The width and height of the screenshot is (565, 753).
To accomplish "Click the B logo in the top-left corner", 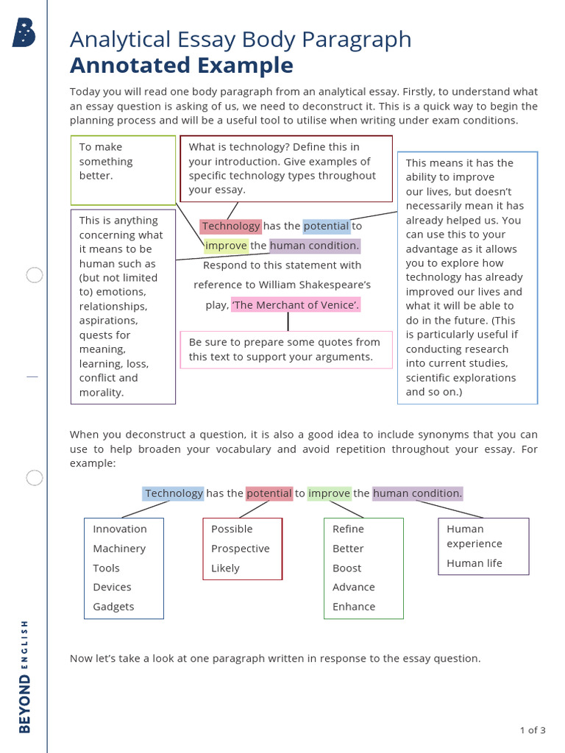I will pyautogui.click(x=24, y=33).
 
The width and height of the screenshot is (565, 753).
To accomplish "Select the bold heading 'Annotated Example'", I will pyautogui.click(x=181, y=65).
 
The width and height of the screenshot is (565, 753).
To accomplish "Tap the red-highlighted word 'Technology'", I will pyautogui.click(x=231, y=226).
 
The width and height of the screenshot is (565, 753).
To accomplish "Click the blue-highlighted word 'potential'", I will pyautogui.click(x=326, y=226).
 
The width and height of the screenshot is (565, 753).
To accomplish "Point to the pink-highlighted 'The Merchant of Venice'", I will pyautogui.click(x=296, y=304).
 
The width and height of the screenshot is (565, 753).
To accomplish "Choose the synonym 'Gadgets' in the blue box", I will pyautogui.click(x=113, y=607).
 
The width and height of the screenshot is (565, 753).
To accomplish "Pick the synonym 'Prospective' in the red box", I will pyautogui.click(x=240, y=549).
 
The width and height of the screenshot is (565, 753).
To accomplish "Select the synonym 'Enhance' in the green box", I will pyautogui.click(x=354, y=607).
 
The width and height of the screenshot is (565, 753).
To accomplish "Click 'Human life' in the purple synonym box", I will pyautogui.click(x=475, y=563).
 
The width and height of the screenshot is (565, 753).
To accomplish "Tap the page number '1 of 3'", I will pyautogui.click(x=532, y=730).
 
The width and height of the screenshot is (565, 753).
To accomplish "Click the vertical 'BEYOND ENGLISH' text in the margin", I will pyautogui.click(x=25, y=676).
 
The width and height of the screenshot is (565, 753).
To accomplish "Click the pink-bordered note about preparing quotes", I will pyautogui.click(x=285, y=349).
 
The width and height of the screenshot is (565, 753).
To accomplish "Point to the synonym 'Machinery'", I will pyautogui.click(x=119, y=549).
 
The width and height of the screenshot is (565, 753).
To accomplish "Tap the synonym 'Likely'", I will pyautogui.click(x=225, y=568).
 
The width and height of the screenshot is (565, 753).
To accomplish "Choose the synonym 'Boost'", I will pyautogui.click(x=347, y=568).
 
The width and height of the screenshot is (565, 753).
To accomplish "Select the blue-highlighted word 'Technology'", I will pyautogui.click(x=174, y=493).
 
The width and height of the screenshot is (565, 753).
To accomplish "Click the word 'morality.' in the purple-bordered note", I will pyautogui.click(x=101, y=393).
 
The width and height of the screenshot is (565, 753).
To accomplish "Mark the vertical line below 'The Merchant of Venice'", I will pyautogui.click(x=288, y=321).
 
